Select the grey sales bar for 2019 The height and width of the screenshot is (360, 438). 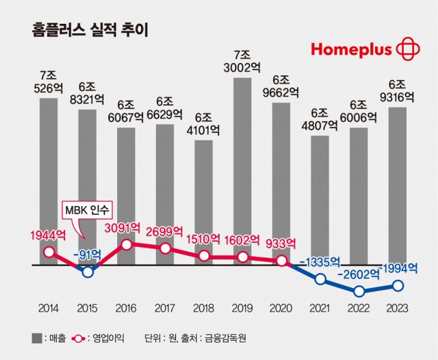[242, 171]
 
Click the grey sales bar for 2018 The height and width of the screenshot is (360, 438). [203, 202]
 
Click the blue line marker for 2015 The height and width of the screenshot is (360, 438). [88, 271]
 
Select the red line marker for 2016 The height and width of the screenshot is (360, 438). [127, 244]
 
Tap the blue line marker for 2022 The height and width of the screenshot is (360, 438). [359, 291]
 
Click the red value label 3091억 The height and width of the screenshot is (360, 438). [123, 227]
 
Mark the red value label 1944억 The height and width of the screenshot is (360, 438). [48, 235]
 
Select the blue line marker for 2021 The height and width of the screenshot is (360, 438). [320, 279]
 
